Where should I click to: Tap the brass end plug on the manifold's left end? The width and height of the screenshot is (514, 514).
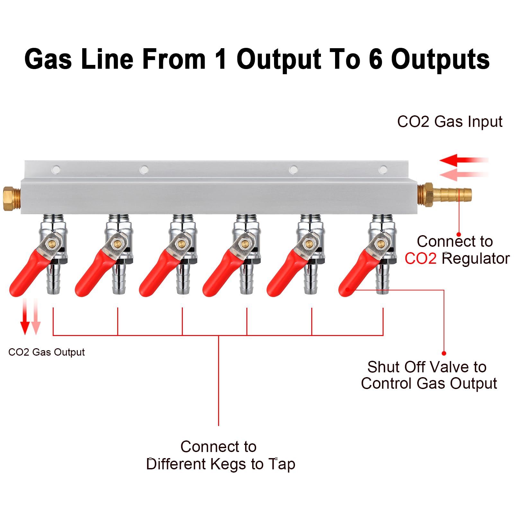pyautogui.click(x=12, y=199)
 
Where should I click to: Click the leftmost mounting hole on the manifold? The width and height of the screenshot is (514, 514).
pyautogui.click(x=56, y=169)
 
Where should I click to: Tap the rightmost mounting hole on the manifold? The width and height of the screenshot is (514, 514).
pyautogui.click(x=383, y=169)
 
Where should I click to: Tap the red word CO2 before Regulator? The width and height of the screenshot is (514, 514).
pyautogui.click(x=420, y=259)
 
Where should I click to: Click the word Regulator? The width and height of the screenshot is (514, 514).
pyautogui.click(x=475, y=259)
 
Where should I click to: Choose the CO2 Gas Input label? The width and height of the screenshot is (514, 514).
pyautogui.click(x=450, y=122)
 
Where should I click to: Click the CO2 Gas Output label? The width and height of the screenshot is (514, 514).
pyautogui.click(x=47, y=352)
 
